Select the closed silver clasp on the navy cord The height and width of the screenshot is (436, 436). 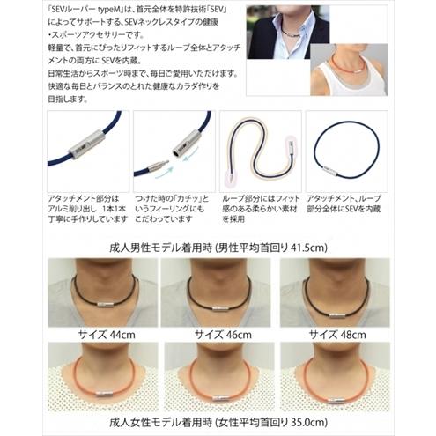tap(89, 142)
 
